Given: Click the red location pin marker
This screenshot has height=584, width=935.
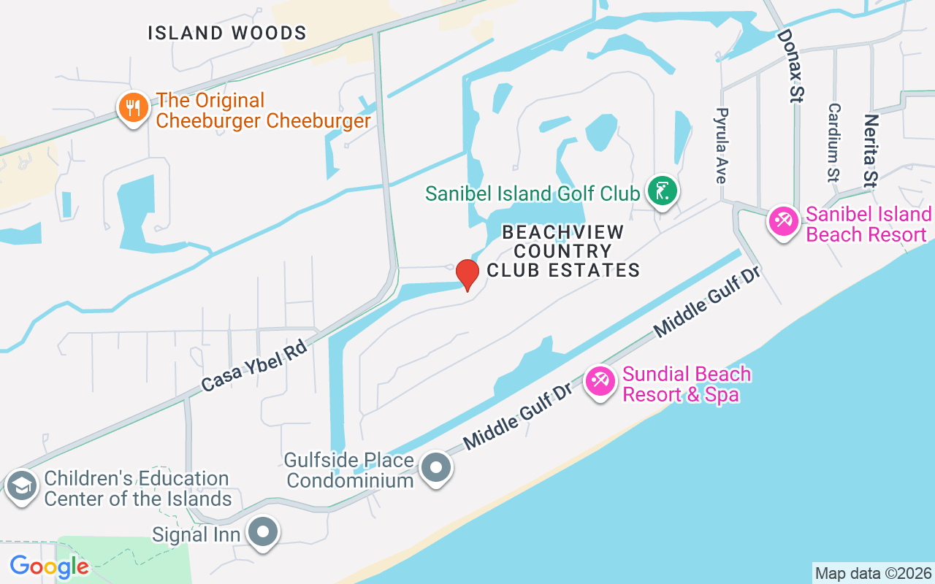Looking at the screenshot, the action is coord(467,274).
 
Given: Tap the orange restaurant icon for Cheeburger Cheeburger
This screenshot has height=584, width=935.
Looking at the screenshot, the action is coord(132,109).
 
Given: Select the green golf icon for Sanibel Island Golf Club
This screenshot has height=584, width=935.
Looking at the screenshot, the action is coord(663,191).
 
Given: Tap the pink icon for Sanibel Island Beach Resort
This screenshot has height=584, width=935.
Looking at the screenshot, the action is coord(784,222).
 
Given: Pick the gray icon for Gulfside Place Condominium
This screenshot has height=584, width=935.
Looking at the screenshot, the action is coord(437,468).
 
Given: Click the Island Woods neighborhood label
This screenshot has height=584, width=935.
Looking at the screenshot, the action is coord(227,33).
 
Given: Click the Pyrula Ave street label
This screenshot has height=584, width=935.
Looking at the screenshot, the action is coord(722,145).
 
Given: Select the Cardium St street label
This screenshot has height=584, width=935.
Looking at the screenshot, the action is coord(833,141).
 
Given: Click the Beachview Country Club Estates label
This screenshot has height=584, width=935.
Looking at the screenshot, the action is coord(563,251).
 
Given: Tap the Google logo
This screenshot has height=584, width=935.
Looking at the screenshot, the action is coord(49,566).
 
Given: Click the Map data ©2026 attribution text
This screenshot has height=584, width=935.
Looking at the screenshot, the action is coord(873,573).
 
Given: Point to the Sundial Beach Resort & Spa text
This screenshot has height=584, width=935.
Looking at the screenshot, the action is coord(686,385).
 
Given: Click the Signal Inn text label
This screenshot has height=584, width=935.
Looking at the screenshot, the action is coord(196,535).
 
